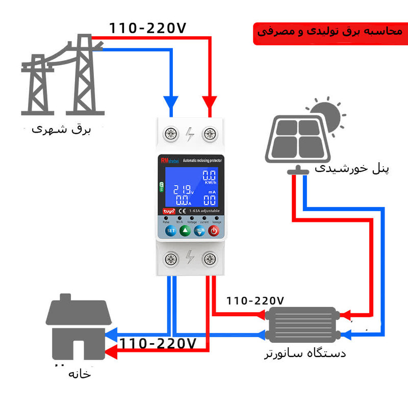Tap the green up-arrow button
[x=185, y=231]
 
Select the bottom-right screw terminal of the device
[x=209, y=260]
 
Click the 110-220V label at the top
[x=148, y=28]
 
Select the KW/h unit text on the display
[x=210, y=182]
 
